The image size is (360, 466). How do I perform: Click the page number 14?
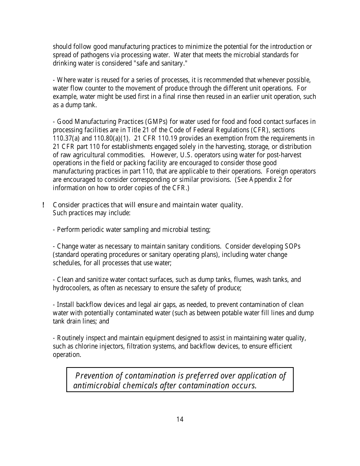click(180, 419)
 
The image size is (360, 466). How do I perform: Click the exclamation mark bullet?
click(44, 205)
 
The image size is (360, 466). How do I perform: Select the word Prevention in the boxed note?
click(94, 376)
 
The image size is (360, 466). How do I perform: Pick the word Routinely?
click(70, 338)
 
